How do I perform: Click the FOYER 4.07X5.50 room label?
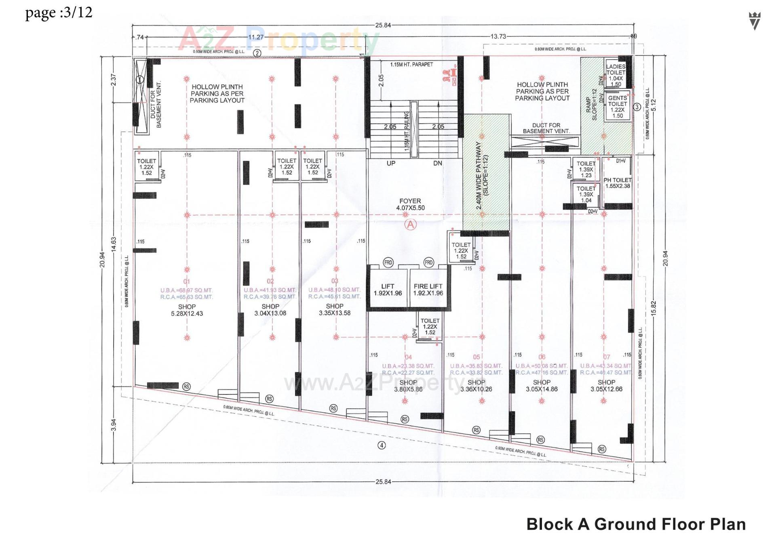point(410,204)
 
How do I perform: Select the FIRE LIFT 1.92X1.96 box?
point(428,290)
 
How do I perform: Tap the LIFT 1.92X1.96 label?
point(388,290)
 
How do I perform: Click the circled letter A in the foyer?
point(411,225)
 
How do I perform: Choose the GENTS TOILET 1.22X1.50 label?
point(617,107)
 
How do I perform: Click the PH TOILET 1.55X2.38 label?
point(618,183)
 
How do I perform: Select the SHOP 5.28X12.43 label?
point(187,310)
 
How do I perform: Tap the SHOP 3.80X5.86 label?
point(408,386)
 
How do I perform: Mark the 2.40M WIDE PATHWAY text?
point(482,175)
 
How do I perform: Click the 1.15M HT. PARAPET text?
point(411,65)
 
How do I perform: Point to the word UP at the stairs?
point(391,164)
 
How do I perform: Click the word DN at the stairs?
point(438,164)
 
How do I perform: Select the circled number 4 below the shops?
point(381,445)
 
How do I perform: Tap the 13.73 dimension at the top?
point(498,36)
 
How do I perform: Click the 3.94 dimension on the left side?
point(114,425)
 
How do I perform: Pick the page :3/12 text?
point(59,13)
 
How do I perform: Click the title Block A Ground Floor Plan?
point(636,524)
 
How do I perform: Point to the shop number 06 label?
point(542,357)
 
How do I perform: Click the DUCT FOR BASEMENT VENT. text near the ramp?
point(546,128)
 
